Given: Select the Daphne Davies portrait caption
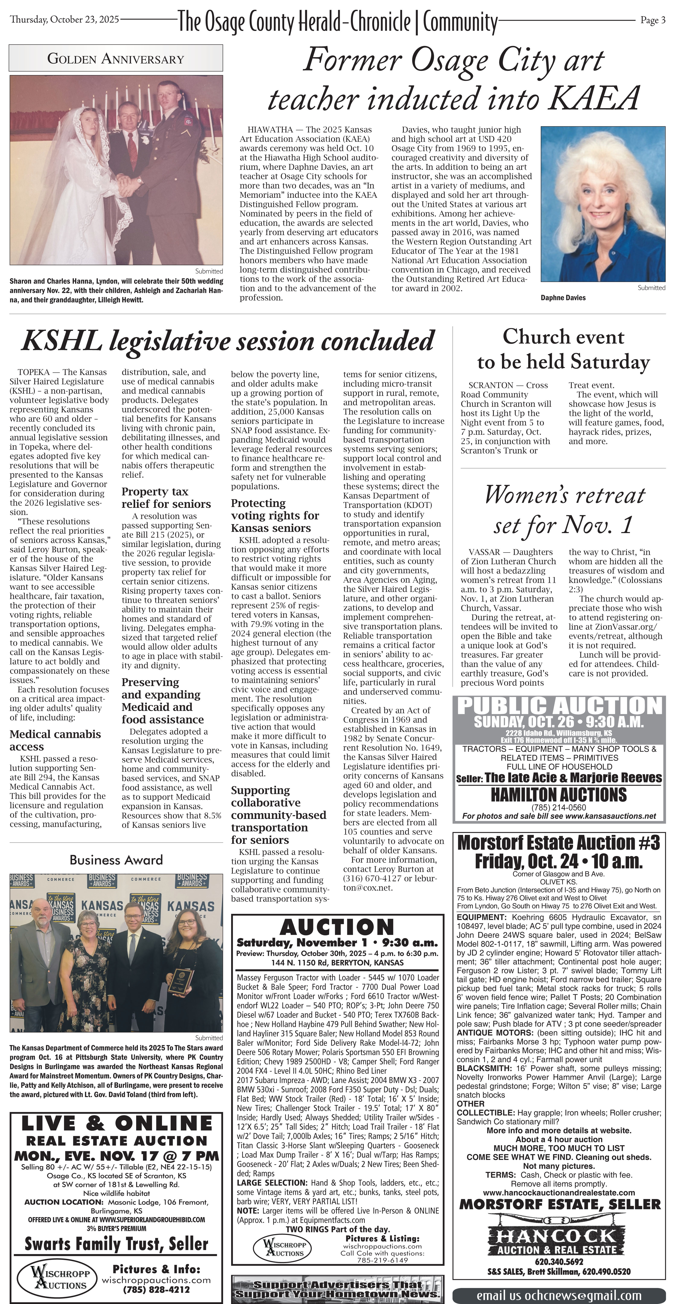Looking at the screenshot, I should point(563,298).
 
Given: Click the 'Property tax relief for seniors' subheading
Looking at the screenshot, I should point(166,498).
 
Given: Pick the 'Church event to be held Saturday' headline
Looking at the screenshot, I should point(563,349).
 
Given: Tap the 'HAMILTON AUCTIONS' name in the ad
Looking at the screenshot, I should point(558,795).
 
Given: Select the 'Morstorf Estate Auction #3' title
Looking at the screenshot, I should point(558,843).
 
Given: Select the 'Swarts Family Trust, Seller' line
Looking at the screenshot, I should point(116,1244).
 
